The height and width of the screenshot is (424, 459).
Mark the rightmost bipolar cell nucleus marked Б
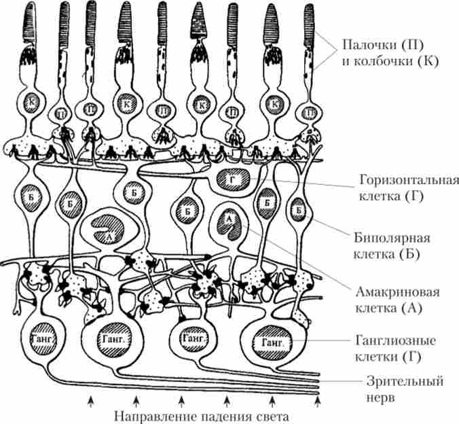coord(299,210)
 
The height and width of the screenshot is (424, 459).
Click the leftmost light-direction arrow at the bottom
coord(90,402)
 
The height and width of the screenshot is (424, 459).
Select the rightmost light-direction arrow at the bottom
coord(318,402)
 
